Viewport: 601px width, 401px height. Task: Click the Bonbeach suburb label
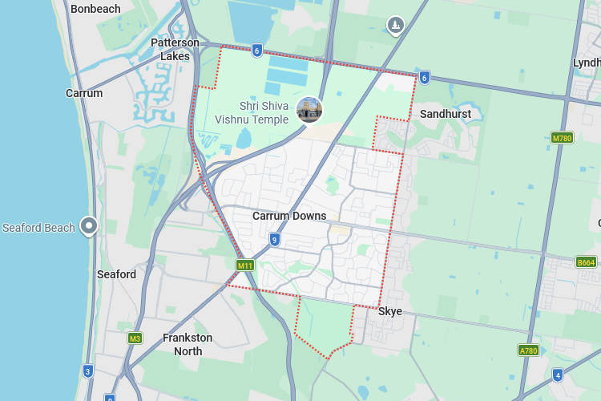(x=95, y=9)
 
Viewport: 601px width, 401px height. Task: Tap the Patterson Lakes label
(x=175, y=49)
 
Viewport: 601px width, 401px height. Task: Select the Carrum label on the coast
(x=84, y=93)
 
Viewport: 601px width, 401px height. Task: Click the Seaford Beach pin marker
(x=88, y=226)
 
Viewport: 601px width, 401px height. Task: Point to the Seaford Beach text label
(x=38, y=228)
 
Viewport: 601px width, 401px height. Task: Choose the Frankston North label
(x=188, y=344)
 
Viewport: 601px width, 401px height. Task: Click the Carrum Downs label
(x=289, y=216)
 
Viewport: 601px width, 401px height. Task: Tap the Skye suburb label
(x=390, y=311)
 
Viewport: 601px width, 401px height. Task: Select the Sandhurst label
(x=446, y=114)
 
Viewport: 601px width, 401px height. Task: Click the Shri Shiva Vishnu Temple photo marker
(x=309, y=110)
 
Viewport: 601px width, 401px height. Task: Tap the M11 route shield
(x=244, y=265)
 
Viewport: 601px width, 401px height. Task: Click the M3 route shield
(x=135, y=338)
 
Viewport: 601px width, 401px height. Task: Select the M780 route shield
(x=563, y=138)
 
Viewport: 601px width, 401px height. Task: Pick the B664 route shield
(x=587, y=262)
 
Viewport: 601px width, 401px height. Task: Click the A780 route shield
(x=528, y=350)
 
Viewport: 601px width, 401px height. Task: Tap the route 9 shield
(x=274, y=239)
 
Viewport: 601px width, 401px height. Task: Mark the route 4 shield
(x=558, y=375)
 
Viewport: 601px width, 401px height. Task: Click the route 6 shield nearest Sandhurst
(x=424, y=77)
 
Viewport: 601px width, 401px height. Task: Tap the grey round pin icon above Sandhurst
(x=395, y=26)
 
